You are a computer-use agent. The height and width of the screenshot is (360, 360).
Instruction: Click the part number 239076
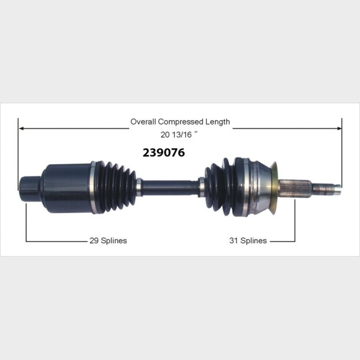(x=163, y=152)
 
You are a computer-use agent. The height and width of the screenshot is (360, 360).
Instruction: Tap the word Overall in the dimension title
(x=143, y=122)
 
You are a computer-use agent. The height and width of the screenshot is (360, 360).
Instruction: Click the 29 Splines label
(x=108, y=241)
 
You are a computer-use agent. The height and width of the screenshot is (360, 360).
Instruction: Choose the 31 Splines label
(x=248, y=241)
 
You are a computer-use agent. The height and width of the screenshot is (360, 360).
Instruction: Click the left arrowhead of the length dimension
(x=22, y=128)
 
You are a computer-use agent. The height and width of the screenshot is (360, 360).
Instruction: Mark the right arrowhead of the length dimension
(x=339, y=128)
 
